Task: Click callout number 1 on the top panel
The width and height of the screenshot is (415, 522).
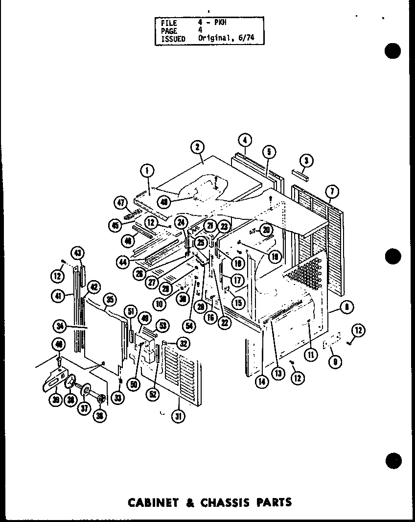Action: click(x=146, y=170)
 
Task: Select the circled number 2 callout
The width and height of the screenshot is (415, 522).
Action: click(x=197, y=146)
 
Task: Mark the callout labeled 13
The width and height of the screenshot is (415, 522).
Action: click(x=278, y=373)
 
